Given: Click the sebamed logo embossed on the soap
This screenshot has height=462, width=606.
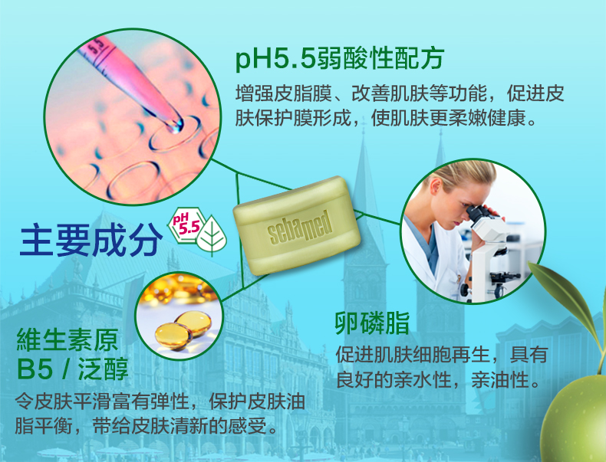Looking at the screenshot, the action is point(299,228).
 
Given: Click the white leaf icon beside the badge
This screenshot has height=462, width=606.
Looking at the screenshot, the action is point(212,236).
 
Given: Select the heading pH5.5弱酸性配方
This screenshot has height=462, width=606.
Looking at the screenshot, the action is point(340,59).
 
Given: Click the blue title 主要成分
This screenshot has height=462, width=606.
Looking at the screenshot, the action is point(91,241).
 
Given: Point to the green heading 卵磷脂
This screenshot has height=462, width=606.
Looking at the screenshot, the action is point(372,323).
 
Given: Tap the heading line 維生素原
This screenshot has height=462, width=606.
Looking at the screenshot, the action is point(68,339).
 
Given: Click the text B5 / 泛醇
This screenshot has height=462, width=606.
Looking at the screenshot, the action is point(73,369).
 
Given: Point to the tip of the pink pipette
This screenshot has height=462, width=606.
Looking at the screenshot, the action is point(176,127).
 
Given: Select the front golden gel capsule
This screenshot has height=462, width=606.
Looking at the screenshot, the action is point(173,336).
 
